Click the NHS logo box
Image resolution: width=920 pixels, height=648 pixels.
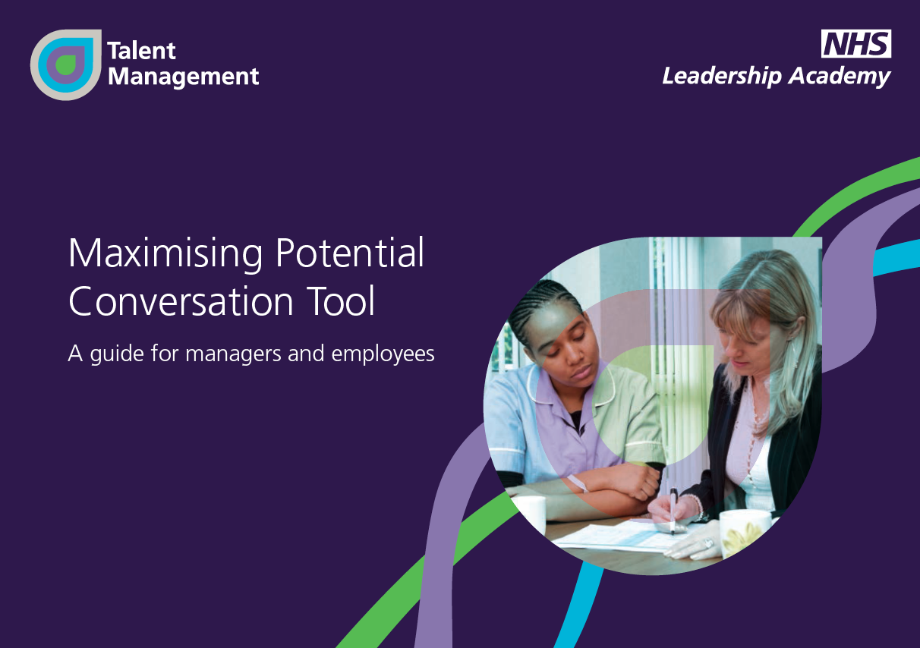pos(856,43)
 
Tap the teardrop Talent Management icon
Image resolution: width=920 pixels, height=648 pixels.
pos(66,64)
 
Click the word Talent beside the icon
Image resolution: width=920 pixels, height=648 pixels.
pos(142,51)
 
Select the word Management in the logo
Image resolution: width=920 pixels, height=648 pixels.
pos(183,77)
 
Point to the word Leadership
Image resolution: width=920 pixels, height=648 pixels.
pos(722,77)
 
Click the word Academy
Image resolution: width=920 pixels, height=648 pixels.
pos(839,77)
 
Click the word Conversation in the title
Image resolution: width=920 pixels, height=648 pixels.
pos(181,301)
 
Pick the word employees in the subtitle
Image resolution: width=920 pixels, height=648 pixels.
pos(383,354)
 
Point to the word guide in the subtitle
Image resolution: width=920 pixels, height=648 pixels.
pos(117,354)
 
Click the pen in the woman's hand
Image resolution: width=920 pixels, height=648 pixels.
pos(673,511)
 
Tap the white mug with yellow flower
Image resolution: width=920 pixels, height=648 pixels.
pos(744,533)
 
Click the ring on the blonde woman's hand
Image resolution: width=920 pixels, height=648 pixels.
pos(708,543)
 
